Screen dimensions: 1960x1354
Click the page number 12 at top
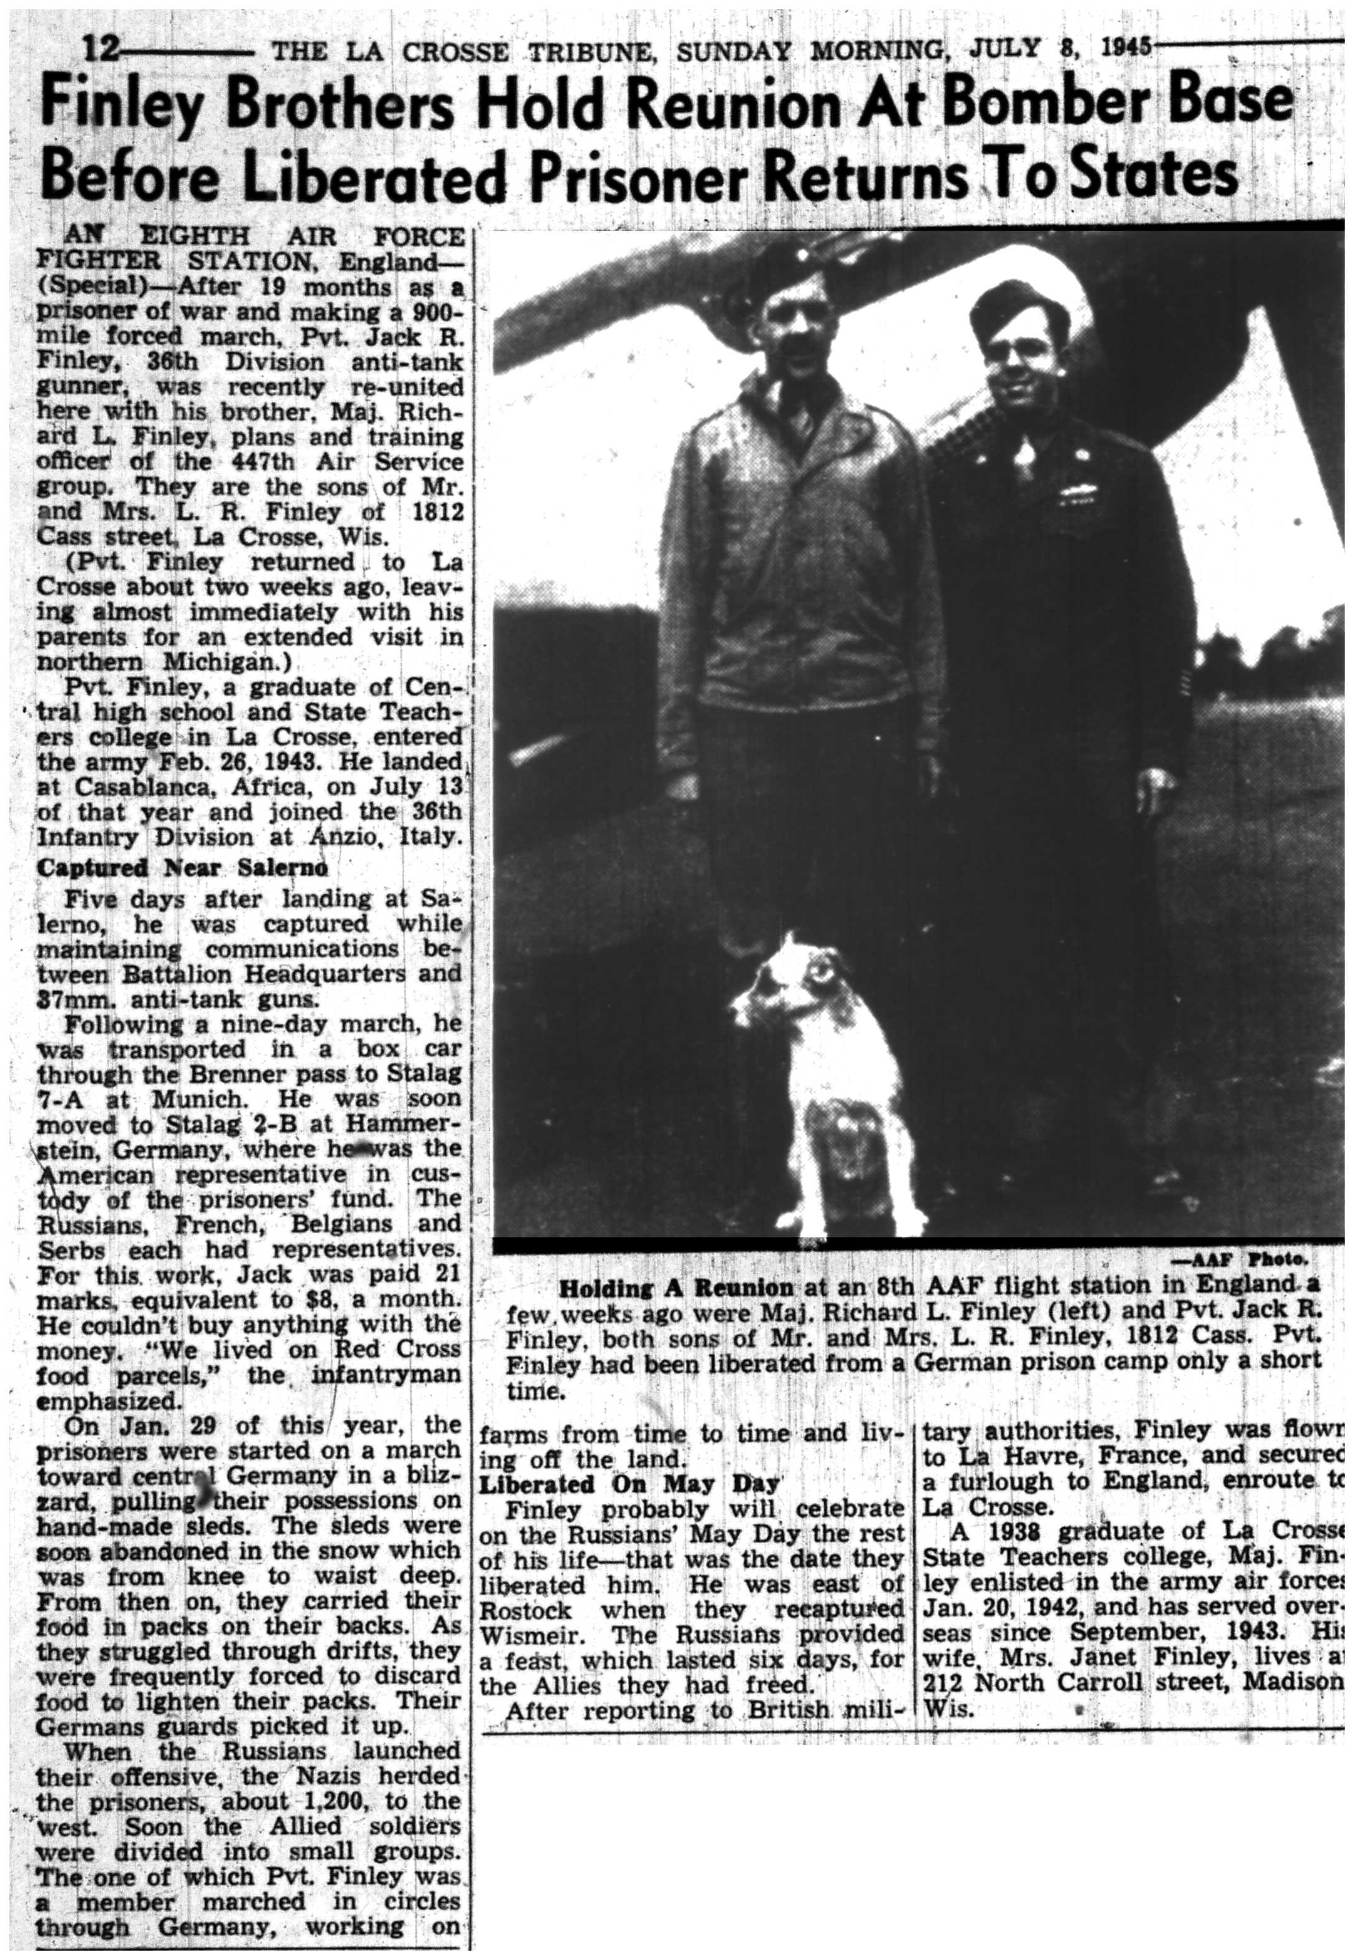100,51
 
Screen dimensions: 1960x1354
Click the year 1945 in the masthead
1123,46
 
